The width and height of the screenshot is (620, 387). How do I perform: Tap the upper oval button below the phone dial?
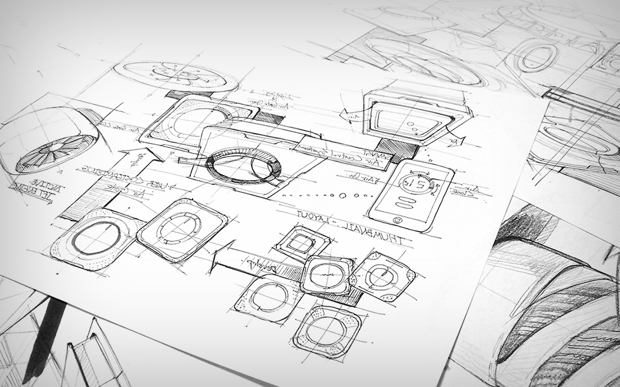[x=408, y=201]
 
